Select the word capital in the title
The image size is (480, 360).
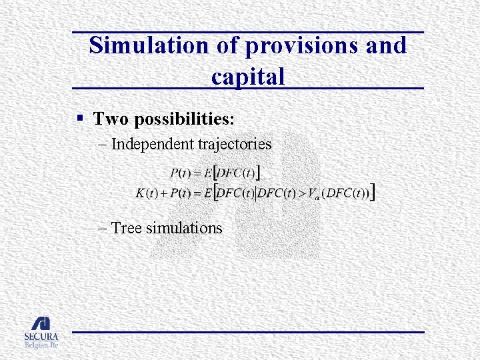(248, 76)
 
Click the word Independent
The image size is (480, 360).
(153, 143)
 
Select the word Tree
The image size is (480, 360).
(126, 228)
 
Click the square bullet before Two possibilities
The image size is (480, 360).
(79, 119)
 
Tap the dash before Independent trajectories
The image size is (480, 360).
(102, 144)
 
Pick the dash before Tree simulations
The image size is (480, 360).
(102, 229)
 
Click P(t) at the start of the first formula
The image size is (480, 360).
(181, 173)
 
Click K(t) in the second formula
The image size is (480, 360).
(146, 193)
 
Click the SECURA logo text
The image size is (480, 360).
(41, 337)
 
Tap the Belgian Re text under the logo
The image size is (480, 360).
(41, 346)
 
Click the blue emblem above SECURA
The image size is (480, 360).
(41, 323)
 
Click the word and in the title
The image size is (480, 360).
(384, 46)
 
